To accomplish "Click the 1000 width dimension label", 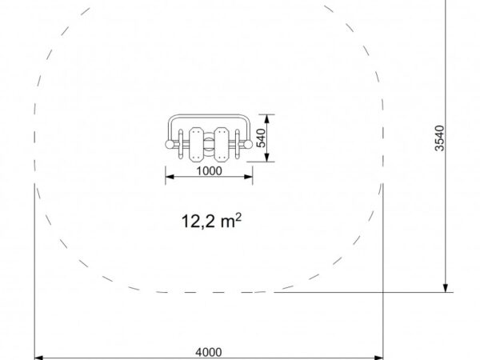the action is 209,171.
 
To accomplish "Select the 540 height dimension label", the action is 261,138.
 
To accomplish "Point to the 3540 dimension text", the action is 439,138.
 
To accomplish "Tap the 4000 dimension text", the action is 209,352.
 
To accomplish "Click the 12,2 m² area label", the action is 211,221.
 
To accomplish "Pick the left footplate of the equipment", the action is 196,145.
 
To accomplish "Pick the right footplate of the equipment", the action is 221,145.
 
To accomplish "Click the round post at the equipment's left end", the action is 170,145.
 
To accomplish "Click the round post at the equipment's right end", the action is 248,145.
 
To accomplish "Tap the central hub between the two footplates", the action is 209,145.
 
